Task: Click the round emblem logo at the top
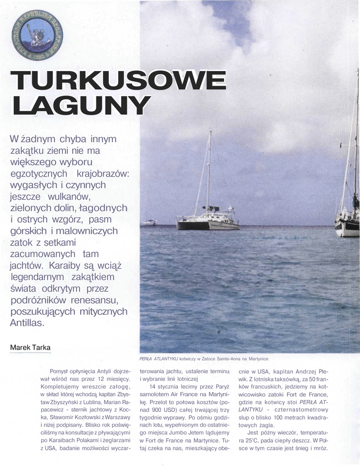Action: coord(37,35)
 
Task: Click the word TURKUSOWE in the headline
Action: coord(119,81)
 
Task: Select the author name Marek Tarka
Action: coord(30,348)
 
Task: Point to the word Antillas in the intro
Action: coord(27,323)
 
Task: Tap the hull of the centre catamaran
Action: coord(208,225)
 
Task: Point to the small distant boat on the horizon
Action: coord(149,223)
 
